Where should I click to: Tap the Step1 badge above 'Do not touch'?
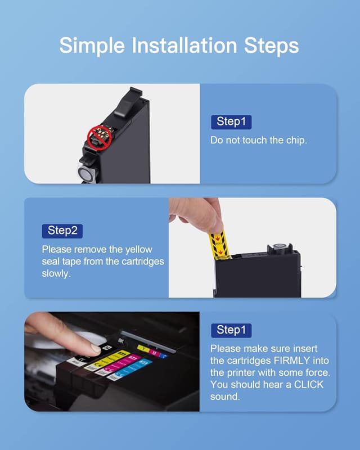(x=234, y=121)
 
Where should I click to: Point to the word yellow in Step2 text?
(x=138, y=249)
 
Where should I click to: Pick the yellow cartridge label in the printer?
(x=113, y=358)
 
